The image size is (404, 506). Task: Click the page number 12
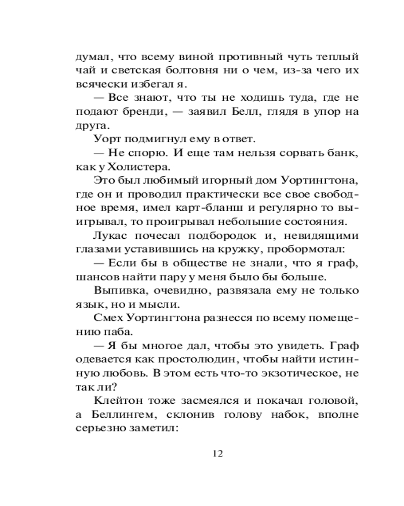tap(218, 453)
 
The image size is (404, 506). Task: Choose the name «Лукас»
tap(110, 236)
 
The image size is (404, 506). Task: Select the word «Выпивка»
tap(115, 291)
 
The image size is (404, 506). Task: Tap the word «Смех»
tap(107, 319)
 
